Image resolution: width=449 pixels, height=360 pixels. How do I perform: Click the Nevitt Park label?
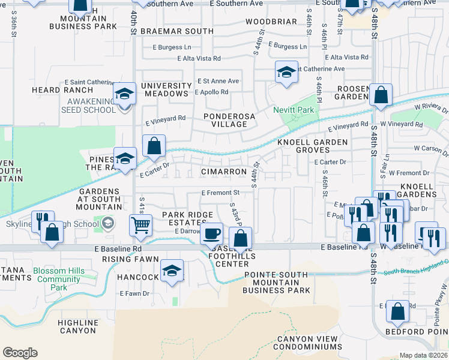[294, 110]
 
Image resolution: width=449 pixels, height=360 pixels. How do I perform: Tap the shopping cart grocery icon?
[140, 225]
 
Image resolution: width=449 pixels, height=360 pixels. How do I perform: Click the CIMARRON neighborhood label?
[224, 172]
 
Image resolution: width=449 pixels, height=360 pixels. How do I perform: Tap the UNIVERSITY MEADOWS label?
[165, 89]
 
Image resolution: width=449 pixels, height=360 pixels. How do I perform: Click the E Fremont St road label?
[220, 193]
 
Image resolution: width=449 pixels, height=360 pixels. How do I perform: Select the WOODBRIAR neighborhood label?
[271, 22]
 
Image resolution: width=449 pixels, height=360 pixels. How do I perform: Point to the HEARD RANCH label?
[55, 90]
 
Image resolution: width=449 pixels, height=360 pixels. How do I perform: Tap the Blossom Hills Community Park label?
[59, 279]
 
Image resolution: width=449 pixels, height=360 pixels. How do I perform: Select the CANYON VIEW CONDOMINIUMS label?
[307, 343]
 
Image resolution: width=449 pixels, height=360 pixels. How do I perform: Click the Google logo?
[20, 353]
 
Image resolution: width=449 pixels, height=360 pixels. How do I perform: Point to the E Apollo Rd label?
[212, 92]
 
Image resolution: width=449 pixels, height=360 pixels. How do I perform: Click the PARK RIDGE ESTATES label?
[187, 218]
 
